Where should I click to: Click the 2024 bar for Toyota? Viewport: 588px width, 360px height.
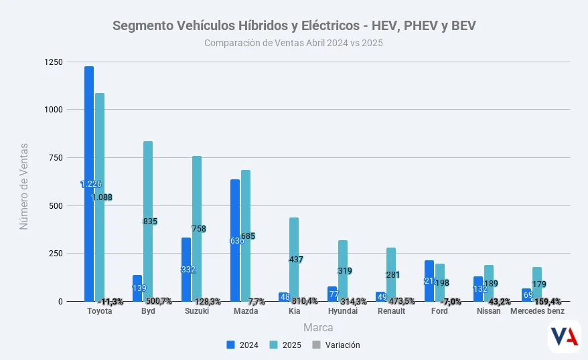(x=89, y=134)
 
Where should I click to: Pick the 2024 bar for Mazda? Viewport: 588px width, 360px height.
(x=235, y=207)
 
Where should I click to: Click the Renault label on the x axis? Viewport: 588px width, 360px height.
(x=391, y=311)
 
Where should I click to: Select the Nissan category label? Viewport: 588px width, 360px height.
(x=488, y=311)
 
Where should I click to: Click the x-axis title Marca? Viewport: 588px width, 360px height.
(x=318, y=328)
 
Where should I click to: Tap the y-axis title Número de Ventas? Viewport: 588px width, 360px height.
(x=24, y=185)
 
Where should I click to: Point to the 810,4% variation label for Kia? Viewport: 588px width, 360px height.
(x=305, y=301)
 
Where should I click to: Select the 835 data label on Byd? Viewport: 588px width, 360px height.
(x=150, y=221)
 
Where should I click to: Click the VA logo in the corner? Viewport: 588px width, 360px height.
(x=563, y=337)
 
